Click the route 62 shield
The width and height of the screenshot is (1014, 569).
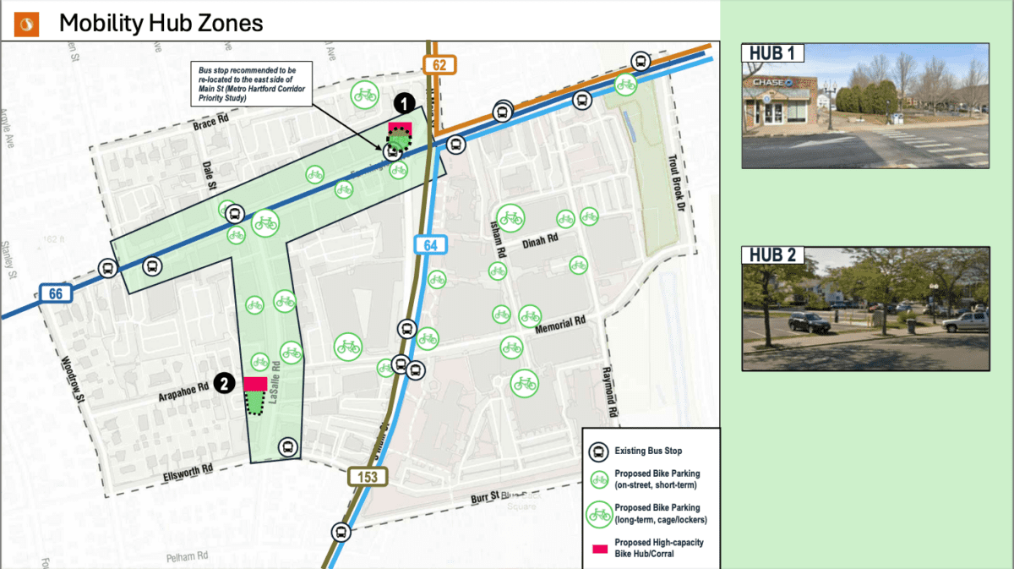pos(439,64)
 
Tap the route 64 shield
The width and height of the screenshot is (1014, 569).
pos(431,245)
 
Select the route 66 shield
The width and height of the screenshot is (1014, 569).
pos(55,293)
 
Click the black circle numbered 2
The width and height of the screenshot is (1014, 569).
pos(224,384)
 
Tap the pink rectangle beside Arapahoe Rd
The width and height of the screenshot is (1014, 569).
pos(255,384)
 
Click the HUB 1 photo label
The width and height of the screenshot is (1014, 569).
pos(772,52)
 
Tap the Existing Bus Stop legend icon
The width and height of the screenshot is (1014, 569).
pos(598,451)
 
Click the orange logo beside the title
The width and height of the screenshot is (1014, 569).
pos(27,24)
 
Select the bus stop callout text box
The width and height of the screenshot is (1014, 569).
pos(251,83)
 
